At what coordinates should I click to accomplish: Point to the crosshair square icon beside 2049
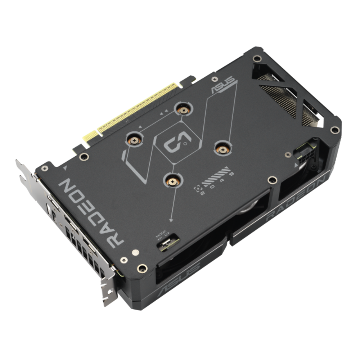pyautogui.click(x=197, y=188)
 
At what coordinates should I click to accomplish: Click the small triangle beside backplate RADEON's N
pyautogui.click(x=65, y=168)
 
